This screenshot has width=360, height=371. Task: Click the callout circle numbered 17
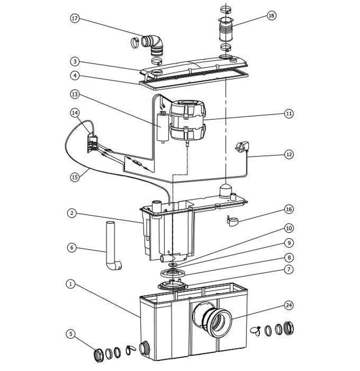[75, 19]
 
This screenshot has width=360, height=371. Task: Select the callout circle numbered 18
[271, 15]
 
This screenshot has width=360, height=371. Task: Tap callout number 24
[289, 305]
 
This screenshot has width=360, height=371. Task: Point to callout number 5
[71, 334]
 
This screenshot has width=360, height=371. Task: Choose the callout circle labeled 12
[289, 154]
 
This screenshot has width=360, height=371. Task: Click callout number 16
[289, 209]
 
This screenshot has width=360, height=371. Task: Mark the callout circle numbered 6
[72, 247]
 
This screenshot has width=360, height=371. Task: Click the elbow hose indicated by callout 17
[155, 44]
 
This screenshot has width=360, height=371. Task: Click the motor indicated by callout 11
[188, 121]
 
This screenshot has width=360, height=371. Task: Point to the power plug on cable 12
[241, 146]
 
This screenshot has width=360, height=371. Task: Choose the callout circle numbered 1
[71, 284]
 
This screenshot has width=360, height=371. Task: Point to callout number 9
[289, 243]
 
